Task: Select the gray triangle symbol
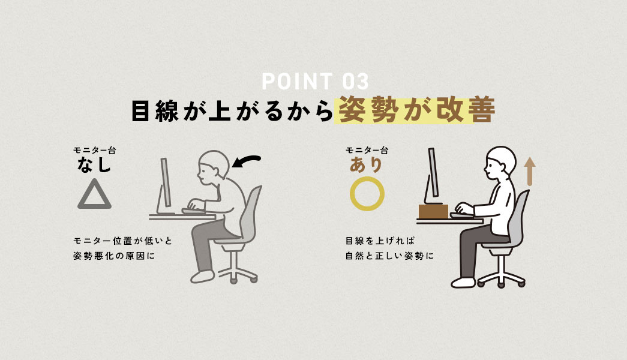coord(94,194)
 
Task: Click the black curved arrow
coord(247,161)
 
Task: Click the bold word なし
coord(94,165)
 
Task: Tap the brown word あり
coord(367,165)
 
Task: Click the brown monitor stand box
coord(433,211)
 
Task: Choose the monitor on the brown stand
coord(431,174)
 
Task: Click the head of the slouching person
coord(212,164)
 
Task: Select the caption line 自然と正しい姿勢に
coord(389,256)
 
